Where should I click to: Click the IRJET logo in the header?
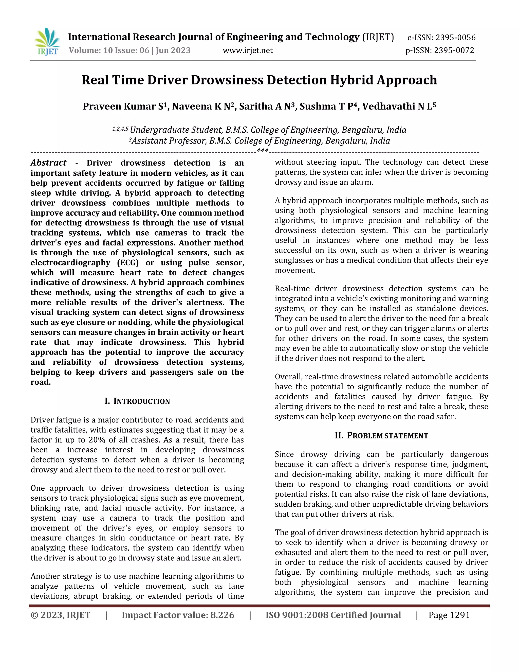[47, 42]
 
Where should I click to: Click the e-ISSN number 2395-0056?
[455, 38]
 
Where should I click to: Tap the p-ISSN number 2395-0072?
[454, 50]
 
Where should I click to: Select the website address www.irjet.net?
[248, 50]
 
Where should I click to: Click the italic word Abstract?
[49, 163]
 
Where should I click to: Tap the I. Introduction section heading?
[137, 401]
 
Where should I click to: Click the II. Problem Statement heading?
[381, 435]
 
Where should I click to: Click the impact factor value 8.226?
[222, 615]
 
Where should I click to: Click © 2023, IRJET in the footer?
[61, 615]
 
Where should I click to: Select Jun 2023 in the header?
[173, 50]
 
